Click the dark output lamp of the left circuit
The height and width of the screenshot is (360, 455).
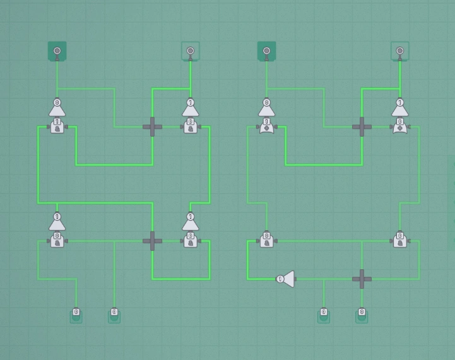[57, 51]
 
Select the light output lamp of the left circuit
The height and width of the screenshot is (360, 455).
[191, 51]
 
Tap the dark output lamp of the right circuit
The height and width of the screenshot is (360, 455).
[267, 51]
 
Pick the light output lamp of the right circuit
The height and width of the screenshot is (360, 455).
[400, 51]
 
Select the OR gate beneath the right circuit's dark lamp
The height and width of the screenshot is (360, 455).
[266, 127]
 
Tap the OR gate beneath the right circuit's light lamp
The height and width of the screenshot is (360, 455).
[400, 127]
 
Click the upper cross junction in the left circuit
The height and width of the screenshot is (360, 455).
[152, 127]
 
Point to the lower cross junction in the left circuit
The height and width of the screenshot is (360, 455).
[152, 241]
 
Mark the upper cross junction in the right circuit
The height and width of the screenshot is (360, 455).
[362, 127]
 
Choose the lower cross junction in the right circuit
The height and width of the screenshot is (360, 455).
[362, 279]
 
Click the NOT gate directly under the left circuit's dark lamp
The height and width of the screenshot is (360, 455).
[57, 107]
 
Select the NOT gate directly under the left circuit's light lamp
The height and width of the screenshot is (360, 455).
[191, 107]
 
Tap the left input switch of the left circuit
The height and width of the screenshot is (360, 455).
[76, 314]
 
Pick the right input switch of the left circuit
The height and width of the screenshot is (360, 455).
[114, 314]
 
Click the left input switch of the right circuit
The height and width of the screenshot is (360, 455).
[324, 314]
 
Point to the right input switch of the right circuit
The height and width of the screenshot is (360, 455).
[362, 314]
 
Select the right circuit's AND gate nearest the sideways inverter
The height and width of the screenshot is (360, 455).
[266, 241]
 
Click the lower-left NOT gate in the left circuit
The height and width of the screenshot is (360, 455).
[57, 221]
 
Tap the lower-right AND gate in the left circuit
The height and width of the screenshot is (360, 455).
[191, 241]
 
